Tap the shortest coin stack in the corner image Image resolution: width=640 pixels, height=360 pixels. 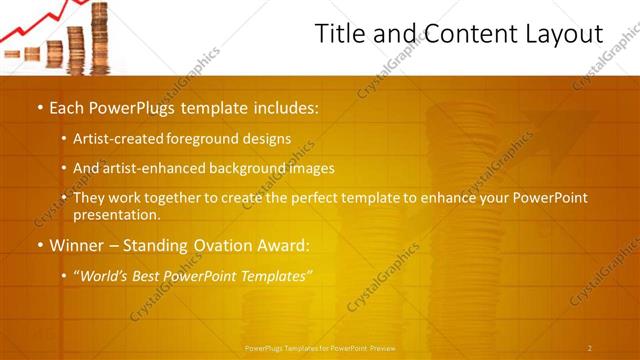point(32,54)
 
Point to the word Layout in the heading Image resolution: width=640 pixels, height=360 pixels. point(566,35)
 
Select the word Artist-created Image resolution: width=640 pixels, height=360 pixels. point(115,139)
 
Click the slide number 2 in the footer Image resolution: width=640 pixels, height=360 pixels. point(589,348)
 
